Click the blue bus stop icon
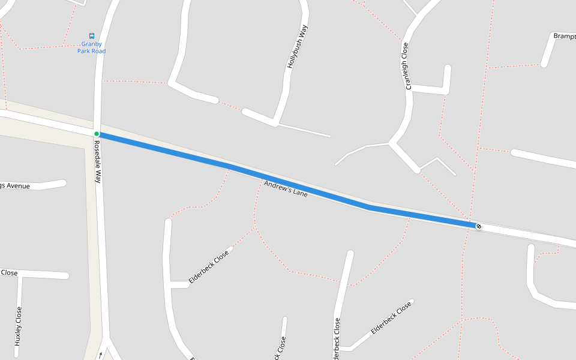[x=92, y=36]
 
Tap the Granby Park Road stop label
[x=91, y=47]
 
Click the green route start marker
[x=96, y=134]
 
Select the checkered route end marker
[x=478, y=226]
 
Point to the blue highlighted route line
[x=300, y=186]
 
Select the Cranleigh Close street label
[x=407, y=66]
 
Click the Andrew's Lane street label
[x=286, y=190]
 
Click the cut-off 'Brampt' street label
[x=564, y=36]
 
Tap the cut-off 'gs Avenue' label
[x=14, y=186]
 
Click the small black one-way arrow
[x=100, y=355]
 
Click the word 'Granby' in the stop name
[x=92, y=44]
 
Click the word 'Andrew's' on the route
[x=277, y=187]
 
